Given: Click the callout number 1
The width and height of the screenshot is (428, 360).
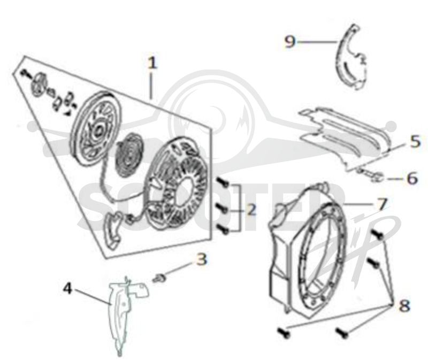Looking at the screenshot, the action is coord(152,63).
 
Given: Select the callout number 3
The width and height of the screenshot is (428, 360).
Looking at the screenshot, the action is coord(202,259).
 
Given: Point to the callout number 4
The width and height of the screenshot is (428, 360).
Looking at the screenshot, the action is coord(67,288).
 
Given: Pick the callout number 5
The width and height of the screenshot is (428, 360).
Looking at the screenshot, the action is coord(415,142).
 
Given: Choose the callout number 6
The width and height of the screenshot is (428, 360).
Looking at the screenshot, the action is coord(412,179).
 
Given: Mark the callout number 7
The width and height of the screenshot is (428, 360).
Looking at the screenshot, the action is coord(382,204).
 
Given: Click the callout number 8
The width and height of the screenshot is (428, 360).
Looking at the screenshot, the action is coord(404,305).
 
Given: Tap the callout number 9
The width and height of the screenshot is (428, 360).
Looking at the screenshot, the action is coord(290,42).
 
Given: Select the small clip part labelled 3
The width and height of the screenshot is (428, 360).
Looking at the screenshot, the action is coord(158,278).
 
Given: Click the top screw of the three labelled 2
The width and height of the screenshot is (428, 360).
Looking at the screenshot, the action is coord(223,182).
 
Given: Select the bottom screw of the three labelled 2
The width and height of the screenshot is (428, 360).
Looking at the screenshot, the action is coord(223,229).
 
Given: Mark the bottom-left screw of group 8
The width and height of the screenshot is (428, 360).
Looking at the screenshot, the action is coord(284,333).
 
